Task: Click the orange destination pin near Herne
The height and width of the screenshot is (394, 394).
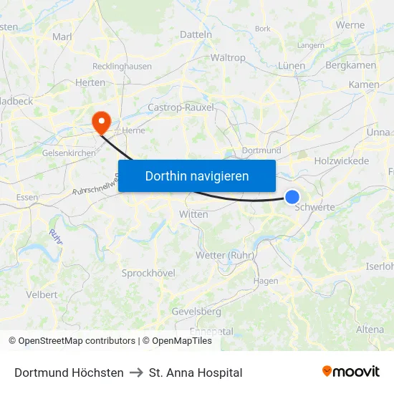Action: [100, 120]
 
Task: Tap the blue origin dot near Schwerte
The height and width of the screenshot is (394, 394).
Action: [292, 196]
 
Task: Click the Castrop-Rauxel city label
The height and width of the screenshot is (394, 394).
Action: [181, 107]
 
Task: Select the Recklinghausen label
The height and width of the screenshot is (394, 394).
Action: [121, 67]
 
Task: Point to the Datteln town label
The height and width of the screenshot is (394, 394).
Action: [196, 34]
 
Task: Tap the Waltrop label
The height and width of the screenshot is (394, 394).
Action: [228, 58]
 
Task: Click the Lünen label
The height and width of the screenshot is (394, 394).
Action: [292, 65]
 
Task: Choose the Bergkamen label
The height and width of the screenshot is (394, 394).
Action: [350, 65]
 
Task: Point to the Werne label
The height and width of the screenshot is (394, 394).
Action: [350, 25]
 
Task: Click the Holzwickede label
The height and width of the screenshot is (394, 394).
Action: [341, 161]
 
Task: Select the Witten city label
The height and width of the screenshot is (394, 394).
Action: [193, 214]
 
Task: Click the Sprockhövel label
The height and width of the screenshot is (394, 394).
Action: [148, 273]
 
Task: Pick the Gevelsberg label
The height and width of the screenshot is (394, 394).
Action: [196, 312]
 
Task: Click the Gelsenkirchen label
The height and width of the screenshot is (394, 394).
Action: [69, 153]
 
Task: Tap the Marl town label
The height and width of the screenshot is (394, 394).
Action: [62, 37]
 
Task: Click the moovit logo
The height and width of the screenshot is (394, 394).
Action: [350, 372]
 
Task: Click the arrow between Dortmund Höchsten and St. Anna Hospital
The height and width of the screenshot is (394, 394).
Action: [136, 373]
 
